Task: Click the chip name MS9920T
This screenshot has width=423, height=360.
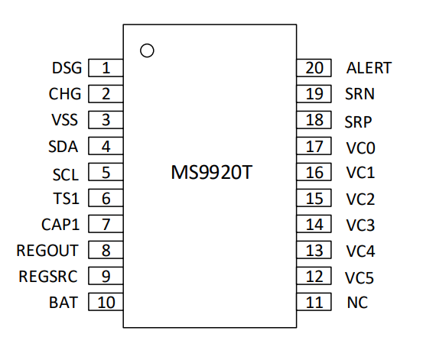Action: click(211, 172)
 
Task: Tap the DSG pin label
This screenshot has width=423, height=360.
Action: click(67, 68)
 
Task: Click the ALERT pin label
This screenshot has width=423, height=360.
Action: click(369, 68)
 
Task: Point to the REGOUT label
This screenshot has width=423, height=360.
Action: click(47, 251)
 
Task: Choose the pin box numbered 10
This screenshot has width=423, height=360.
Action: click(106, 302)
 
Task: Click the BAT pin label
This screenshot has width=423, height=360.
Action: click(63, 302)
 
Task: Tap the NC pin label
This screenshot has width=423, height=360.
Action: click(357, 302)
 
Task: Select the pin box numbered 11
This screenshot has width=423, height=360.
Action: click(314, 302)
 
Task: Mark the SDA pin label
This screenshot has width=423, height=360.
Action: click(63, 147)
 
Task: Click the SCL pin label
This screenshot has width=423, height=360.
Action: click(66, 174)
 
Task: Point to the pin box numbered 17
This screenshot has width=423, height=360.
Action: click(314, 146)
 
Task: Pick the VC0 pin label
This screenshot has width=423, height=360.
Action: click(361, 148)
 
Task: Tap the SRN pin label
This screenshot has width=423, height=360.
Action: click(360, 94)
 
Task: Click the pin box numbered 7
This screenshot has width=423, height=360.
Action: click(106, 224)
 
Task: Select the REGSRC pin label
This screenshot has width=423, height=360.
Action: click(48, 277)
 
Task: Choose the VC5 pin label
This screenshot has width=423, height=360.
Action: click(360, 277)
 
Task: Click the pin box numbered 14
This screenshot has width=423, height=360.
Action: click(314, 224)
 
